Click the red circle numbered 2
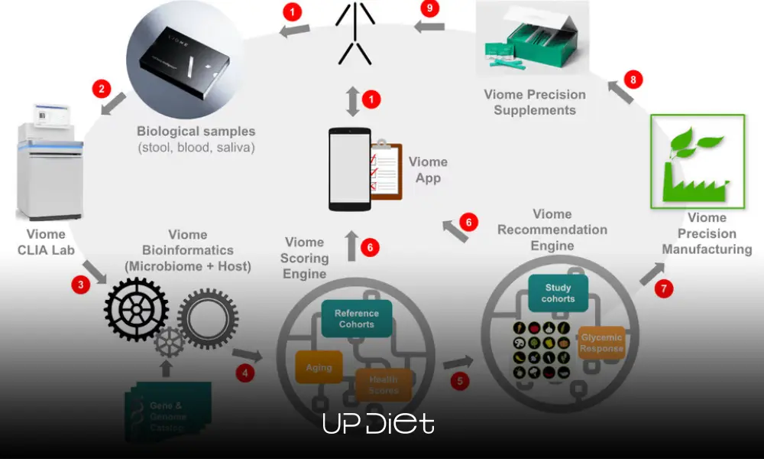(101, 89)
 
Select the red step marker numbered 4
(245, 374)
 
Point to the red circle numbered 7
(664, 289)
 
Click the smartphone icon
(350, 169)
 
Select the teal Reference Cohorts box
(356, 319)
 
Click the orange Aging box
(319, 367)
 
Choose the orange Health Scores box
(384, 385)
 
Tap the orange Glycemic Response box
(601, 343)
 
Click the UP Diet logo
(378, 423)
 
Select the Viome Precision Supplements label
(535, 103)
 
